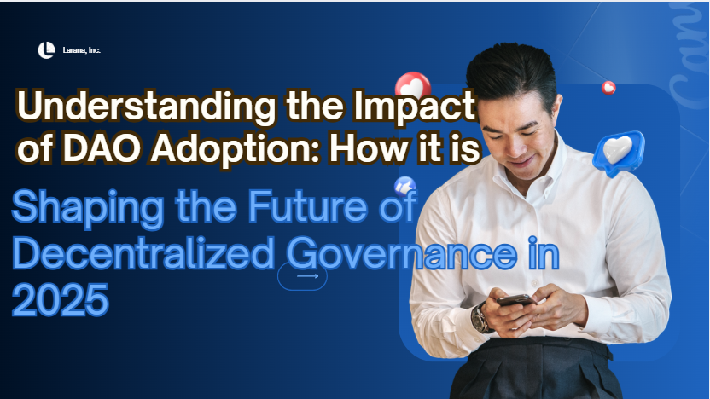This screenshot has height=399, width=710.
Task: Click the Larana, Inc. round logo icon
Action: point(46,50)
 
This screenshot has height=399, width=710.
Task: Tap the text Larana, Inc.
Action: point(82,50)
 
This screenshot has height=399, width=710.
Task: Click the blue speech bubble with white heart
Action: point(619,153)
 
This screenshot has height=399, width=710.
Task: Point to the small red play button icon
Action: point(608,87)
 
